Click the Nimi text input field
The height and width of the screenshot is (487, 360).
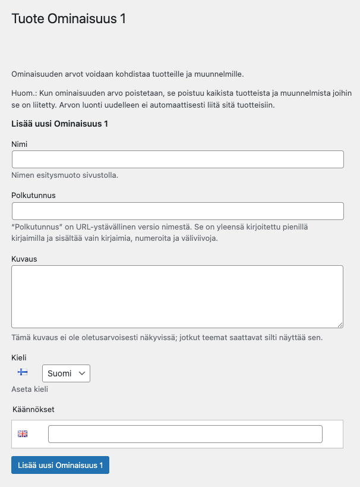pyautogui.click(x=178, y=159)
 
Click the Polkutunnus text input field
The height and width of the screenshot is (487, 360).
pyautogui.click(x=178, y=211)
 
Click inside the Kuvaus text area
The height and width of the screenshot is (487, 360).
pyautogui.click(x=178, y=296)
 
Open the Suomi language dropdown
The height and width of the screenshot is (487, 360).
pyautogui.click(x=65, y=373)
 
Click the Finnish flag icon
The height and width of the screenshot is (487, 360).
pyautogui.click(x=23, y=372)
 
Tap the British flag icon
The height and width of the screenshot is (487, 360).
pyautogui.click(x=23, y=434)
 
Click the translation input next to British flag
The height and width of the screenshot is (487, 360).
pyautogui.click(x=185, y=434)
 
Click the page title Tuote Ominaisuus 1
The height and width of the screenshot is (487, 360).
pyautogui.click(x=69, y=18)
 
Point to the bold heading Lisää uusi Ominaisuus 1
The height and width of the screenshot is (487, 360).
pyautogui.click(x=59, y=124)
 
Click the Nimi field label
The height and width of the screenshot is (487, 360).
pyautogui.click(x=20, y=144)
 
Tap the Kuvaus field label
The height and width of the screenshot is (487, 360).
pyautogui.click(x=24, y=259)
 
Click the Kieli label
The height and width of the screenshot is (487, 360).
pyautogui.click(x=19, y=357)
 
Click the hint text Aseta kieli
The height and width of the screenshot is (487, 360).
pyautogui.click(x=30, y=389)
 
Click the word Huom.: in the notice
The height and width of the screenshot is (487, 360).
pyautogui.click(x=24, y=93)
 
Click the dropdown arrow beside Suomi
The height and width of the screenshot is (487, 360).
pyautogui.click(x=82, y=373)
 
